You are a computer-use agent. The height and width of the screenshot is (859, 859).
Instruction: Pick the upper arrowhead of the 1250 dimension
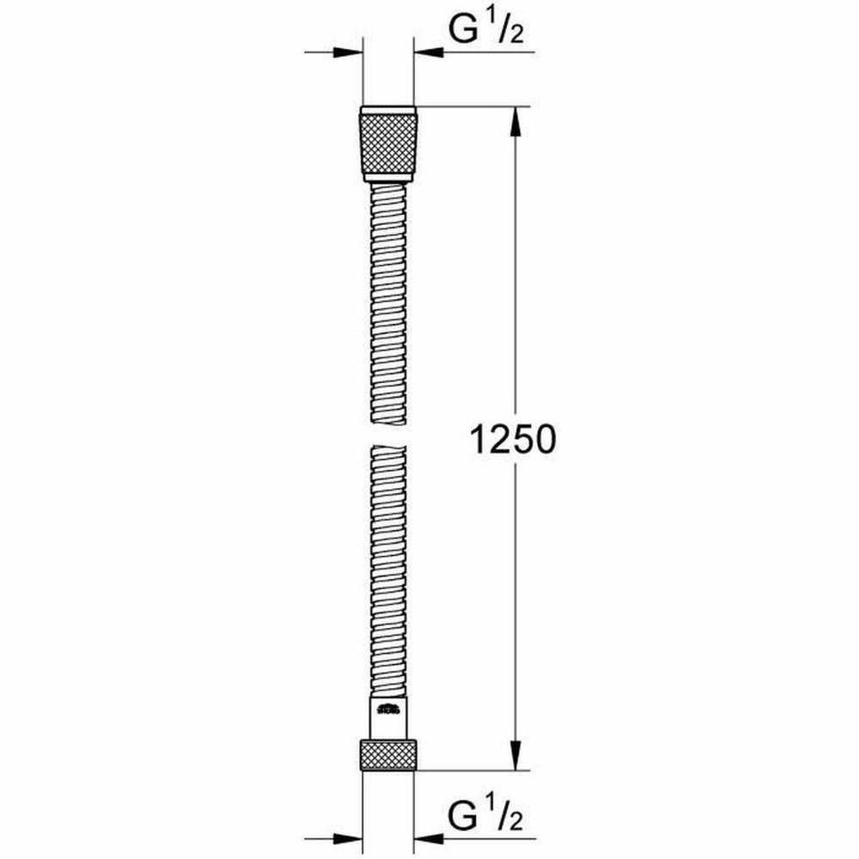coord(515,121)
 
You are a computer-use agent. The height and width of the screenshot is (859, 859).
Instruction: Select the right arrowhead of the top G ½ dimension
coord(428,53)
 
